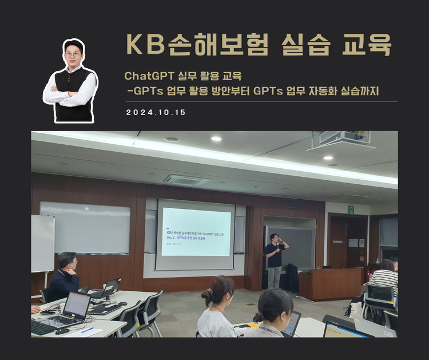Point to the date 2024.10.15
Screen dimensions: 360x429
[156, 113]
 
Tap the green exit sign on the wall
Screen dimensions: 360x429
[351, 209]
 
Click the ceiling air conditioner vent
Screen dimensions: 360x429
[186, 179]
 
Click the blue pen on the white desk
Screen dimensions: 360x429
[87, 330]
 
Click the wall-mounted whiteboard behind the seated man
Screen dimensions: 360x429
[85, 227]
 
